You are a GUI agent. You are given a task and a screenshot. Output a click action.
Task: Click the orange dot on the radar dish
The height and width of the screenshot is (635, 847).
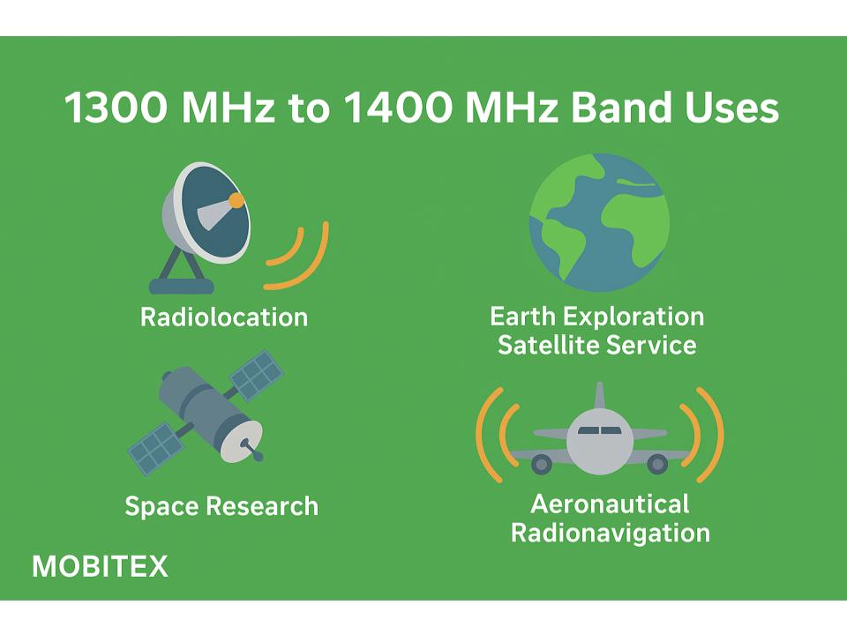236,201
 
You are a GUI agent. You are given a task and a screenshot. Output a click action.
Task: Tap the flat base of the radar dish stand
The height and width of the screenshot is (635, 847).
182,286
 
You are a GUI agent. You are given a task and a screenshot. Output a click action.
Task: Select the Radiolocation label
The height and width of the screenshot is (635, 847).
224,317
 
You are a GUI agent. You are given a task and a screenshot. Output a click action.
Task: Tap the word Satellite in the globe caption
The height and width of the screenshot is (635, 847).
543,345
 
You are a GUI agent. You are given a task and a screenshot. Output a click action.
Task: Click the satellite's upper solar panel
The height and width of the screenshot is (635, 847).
257,375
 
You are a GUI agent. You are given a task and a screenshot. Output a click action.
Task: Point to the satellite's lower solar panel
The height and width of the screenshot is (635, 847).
155,448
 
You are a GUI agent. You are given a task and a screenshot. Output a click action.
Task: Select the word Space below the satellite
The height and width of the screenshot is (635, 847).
162,506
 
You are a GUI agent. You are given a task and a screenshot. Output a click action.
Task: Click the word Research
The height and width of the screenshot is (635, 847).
262,506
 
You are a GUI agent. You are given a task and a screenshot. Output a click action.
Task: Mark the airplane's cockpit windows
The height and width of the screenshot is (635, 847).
599,430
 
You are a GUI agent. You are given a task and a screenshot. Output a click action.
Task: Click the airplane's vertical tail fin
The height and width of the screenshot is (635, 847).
599,396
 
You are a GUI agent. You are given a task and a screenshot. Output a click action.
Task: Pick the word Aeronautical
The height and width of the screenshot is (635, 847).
610,504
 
